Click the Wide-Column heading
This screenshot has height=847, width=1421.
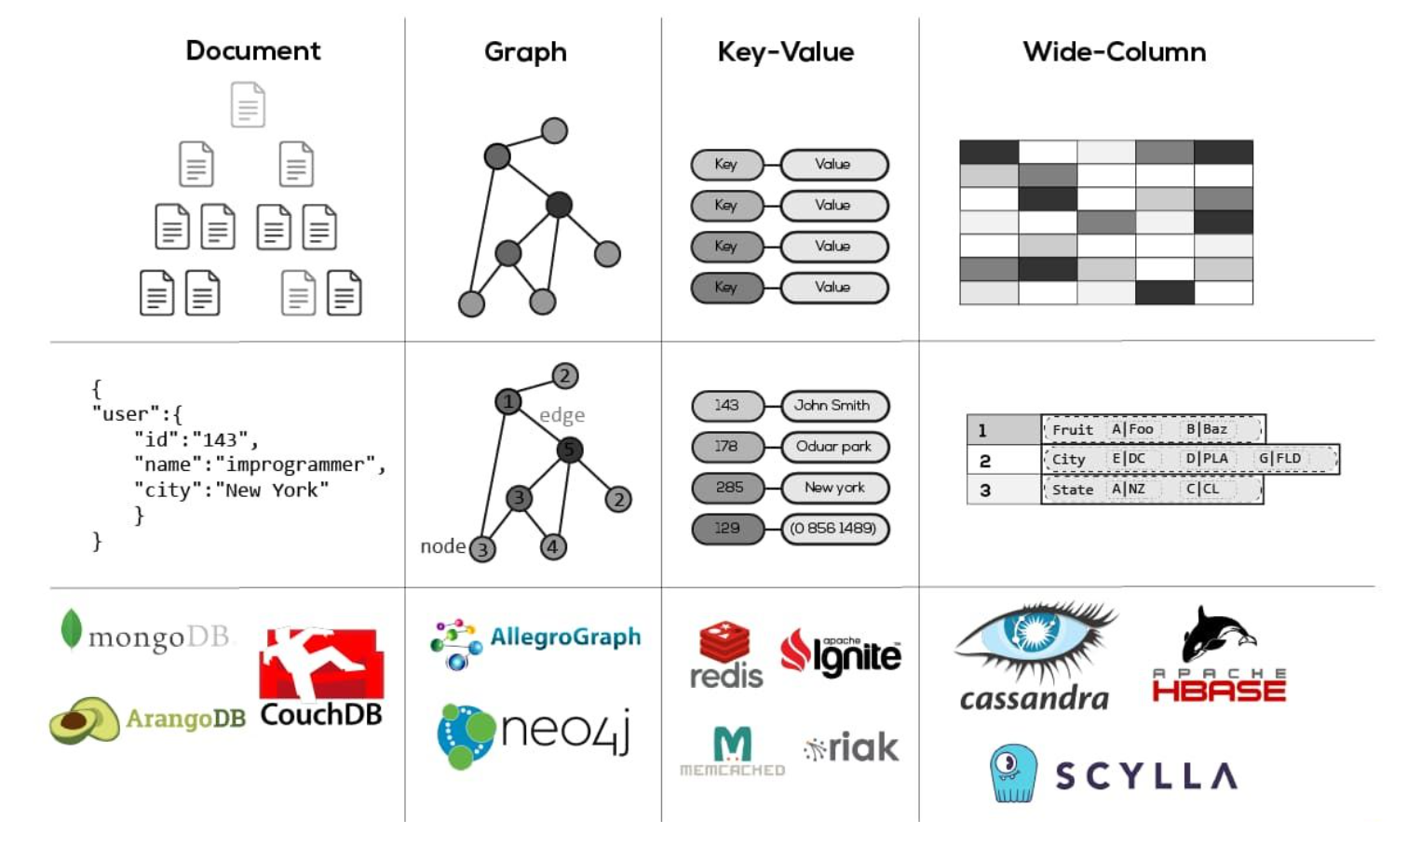1114,52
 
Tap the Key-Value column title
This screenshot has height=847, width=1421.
785,52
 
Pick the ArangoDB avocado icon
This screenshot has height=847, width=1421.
84,719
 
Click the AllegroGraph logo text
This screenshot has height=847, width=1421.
565,638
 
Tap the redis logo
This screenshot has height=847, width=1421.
726,656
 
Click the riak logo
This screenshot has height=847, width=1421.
851,747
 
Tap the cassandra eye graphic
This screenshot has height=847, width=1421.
1035,638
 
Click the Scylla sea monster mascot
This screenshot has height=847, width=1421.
1013,772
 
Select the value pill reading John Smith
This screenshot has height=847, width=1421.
833,406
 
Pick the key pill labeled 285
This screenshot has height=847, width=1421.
728,488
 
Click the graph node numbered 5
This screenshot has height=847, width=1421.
569,450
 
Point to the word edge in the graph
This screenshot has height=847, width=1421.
562,415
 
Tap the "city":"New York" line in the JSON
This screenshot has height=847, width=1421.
231,490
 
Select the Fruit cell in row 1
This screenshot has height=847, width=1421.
1073,429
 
